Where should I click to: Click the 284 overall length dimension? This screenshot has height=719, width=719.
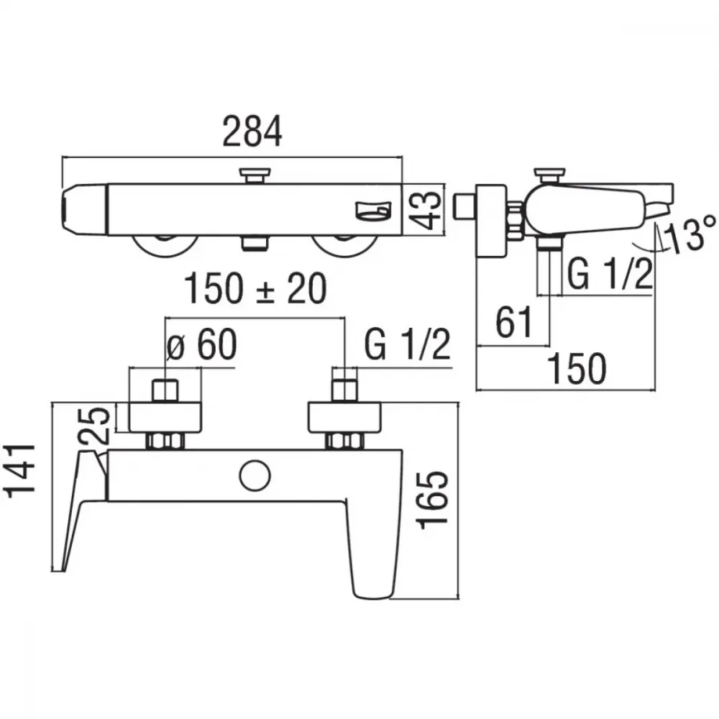(x=252, y=132)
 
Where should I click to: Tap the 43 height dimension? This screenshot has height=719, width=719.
(x=425, y=209)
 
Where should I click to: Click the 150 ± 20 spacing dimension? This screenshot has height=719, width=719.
(x=255, y=288)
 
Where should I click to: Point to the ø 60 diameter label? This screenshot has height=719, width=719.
(x=201, y=344)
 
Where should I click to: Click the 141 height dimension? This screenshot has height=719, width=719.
(x=19, y=470)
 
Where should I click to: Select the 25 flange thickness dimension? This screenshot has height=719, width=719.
(x=94, y=425)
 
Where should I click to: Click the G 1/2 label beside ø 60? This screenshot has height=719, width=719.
(x=407, y=344)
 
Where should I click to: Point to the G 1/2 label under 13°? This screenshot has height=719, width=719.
(x=610, y=274)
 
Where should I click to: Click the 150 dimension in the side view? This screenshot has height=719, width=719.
(x=577, y=368)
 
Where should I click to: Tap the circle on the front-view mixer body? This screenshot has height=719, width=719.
(x=255, y=475)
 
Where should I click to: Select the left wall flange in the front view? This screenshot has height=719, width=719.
(x=165, y=417)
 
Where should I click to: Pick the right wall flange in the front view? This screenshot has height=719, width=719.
(x=344, y=417)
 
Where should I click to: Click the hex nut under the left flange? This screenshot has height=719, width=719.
(x=165, y=441)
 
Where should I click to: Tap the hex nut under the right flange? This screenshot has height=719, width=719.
(x=344, y=441)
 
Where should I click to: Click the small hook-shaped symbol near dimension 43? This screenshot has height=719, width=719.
(x=374, y=211)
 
